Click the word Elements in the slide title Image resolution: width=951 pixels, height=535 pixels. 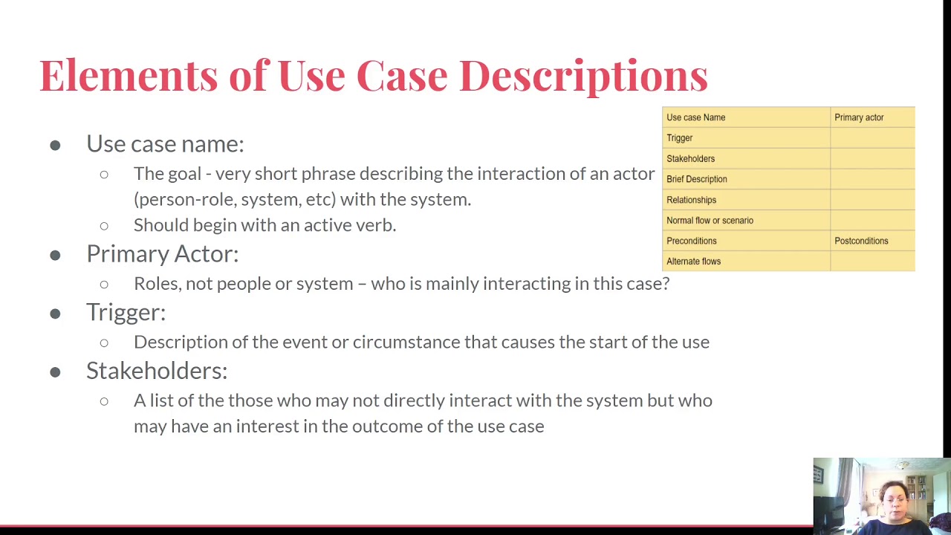129,76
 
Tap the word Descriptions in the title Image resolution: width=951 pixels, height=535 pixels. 583,76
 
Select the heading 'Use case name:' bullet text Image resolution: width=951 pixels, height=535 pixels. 165,143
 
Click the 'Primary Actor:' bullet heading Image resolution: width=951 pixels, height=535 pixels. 162,254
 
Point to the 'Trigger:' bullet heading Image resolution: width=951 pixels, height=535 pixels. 126,312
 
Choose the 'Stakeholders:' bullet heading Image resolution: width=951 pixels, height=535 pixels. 157,371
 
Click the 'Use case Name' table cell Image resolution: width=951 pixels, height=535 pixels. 695,117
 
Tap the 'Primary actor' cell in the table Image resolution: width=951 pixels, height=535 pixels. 859,117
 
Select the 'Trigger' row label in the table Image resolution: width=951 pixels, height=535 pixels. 679,138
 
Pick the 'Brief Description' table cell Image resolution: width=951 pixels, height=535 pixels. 696,179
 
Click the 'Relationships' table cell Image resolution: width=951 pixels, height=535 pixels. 691,200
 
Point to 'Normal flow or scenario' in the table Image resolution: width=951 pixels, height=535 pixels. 710,221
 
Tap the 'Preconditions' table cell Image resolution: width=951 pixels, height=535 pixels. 691,241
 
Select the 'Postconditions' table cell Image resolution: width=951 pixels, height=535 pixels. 861,241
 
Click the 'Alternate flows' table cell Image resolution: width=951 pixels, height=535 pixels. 693,262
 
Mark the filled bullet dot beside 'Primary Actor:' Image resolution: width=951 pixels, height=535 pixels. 55,255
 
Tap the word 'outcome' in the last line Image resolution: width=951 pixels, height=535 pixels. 382,427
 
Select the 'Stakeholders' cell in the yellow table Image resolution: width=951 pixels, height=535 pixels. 690,159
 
